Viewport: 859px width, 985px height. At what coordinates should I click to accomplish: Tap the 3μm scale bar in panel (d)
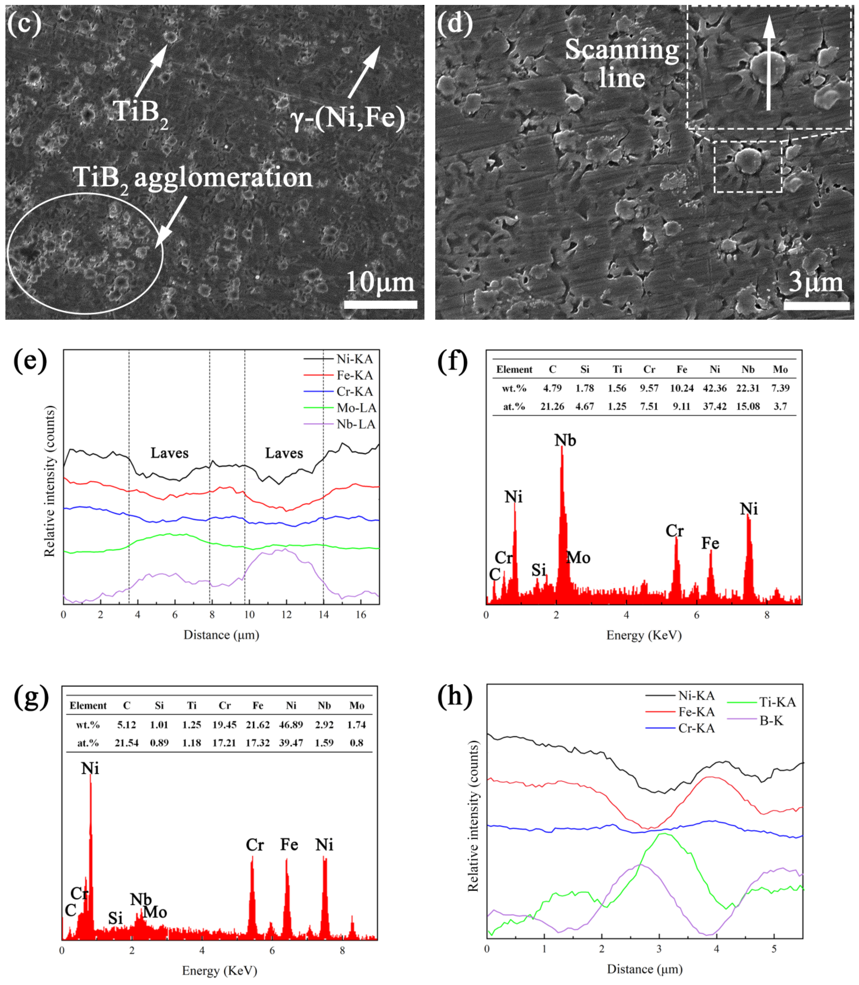click(816, 305)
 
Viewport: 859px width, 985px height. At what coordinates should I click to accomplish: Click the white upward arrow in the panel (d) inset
click(769, 62)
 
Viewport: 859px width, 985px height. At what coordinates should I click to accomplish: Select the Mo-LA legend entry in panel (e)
click(356, 408)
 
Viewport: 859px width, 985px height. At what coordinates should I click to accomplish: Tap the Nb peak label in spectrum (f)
click(565, 440)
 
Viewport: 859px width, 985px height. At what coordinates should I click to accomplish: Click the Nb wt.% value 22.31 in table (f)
click(748, 388)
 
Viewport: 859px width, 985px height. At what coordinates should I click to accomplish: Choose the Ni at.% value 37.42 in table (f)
click(714, 406)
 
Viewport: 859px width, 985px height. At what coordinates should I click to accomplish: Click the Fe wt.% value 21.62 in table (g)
click(258, 724)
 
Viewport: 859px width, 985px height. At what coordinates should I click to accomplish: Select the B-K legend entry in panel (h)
click(771, 720)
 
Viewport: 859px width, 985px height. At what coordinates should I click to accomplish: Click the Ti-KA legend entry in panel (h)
click(776, 702)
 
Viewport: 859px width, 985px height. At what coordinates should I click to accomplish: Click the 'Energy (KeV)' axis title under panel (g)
click(219, 971)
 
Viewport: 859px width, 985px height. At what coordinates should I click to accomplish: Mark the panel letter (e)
click(30, 361)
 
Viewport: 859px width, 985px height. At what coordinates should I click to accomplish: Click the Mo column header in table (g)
click(357, 705)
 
